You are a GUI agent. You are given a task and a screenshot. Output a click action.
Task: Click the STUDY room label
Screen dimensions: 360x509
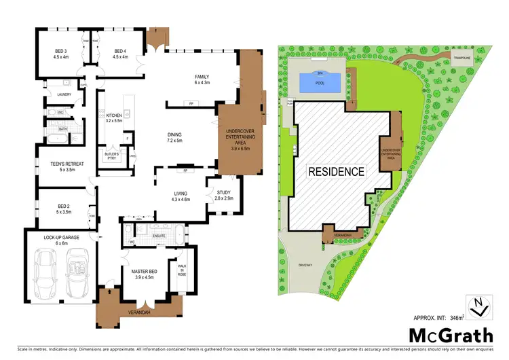click(x=223, y=195)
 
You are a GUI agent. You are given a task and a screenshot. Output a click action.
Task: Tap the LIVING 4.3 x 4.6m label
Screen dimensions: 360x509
click(x=179, y=196)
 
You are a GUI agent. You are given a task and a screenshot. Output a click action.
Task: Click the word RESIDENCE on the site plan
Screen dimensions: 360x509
click(x=337, y=170)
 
